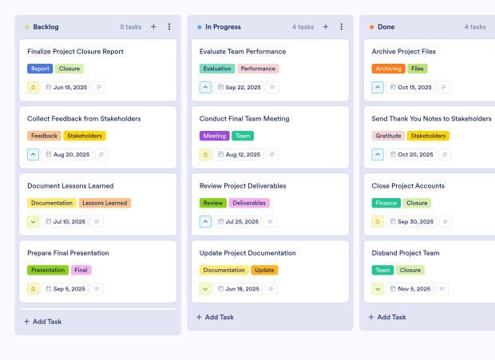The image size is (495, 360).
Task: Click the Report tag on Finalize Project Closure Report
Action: click(x=40, y=69)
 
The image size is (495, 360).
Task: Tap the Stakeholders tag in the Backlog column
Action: click(x=84, y=136)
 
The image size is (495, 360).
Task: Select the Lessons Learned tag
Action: click(x=105, y=203)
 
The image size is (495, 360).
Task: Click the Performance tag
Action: click(x=258, y=69)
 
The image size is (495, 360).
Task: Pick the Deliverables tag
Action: click(x=249, y=203)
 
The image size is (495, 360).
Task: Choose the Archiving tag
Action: click(x=388, y=69)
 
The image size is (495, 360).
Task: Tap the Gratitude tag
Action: click(x=389, y=136)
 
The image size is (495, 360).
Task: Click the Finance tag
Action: click(x=386, y=203)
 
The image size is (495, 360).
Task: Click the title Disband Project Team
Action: click(x=406, y=253)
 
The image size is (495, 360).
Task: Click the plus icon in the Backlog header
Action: click(x=153, y=27)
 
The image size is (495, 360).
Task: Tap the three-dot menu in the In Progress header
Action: click(x=341, y=27)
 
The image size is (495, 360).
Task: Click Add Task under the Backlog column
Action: click(x=46, y=322)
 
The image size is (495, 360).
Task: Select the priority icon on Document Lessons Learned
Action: click(x=33, y=221)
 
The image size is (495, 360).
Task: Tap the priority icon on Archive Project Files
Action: click(x=378, y=87)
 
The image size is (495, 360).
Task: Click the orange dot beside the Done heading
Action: click(x=371, y=27)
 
